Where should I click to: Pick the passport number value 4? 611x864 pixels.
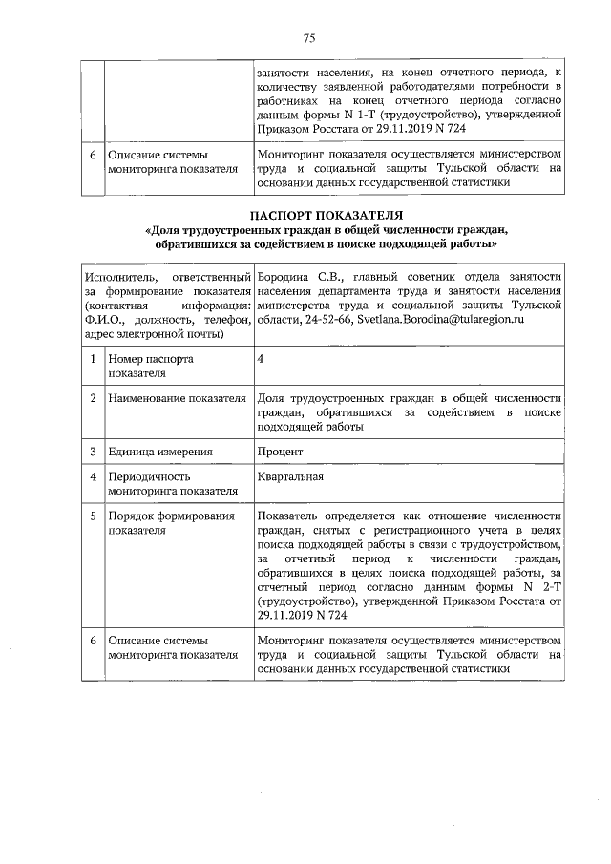(x=262, y=359)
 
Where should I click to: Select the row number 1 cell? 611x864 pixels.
(x=93, y=359)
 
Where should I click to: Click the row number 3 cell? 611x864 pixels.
(x=93, y=452)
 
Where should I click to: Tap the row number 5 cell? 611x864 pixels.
(x=93, y=516)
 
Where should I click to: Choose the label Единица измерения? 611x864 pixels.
(x=159, y=452)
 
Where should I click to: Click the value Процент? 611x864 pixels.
(x=280, y=452)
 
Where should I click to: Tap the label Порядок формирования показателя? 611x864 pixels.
(x=171, y=524)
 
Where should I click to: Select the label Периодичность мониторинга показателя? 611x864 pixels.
(x=172, y=483)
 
